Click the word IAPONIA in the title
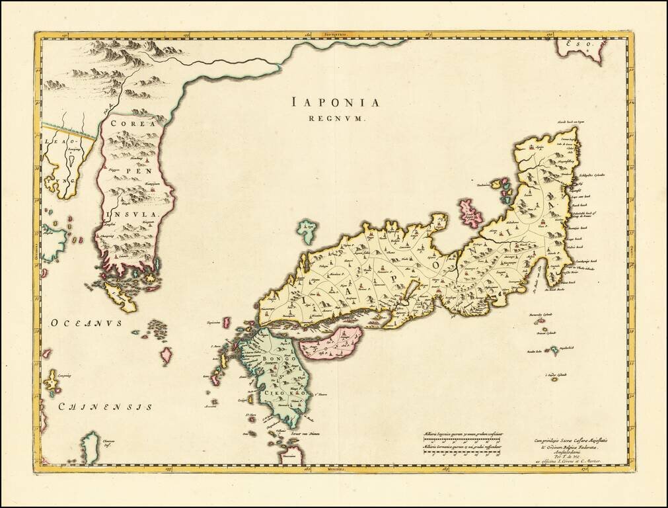pos(336,103)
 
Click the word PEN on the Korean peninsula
pos(137,169)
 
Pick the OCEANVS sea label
pos(87,323)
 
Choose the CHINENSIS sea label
pos(106,407)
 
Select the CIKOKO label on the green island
pos(284,392)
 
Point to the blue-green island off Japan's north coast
pos(307,231)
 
